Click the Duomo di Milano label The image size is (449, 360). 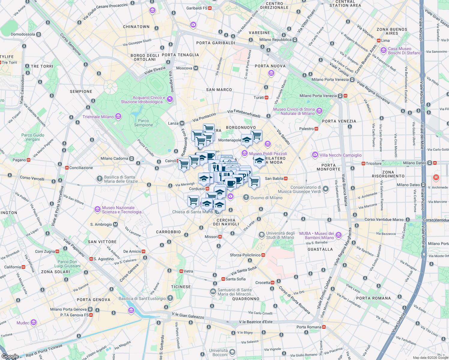266,198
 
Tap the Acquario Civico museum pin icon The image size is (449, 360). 170,99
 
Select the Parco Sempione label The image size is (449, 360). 143,123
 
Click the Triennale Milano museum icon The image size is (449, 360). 118,116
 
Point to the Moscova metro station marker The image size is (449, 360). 196,68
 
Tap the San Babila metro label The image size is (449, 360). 274,178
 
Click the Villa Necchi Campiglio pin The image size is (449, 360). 315,155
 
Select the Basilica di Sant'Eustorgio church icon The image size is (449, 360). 170,298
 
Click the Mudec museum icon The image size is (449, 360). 34,322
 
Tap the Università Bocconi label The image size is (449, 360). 218,352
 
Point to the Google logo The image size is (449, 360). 10,356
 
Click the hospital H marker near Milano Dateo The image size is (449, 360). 436,177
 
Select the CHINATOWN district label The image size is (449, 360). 136,27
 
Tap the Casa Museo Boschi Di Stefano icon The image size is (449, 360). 383,50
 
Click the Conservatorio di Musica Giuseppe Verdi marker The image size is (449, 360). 325,189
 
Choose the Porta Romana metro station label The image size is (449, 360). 309,327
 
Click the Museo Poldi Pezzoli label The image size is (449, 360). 268,154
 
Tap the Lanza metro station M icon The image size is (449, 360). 182,123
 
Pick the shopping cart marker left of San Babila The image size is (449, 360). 254,181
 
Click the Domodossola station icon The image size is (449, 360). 38,34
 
